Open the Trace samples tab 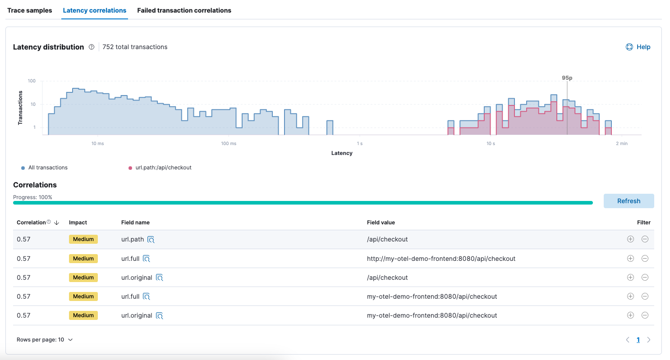point(30,10)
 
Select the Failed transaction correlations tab point(184,10)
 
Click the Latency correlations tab point(95,10)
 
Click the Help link point(638,47)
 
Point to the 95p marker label point(567,78)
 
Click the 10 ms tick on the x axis point(97,144)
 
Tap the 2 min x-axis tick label point(621,144)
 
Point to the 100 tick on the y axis point(32,81)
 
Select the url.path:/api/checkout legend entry point(163,168)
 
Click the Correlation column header point(31,223)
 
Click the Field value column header point(381,223)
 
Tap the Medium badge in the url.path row point(83,239)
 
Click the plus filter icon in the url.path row point(630,239)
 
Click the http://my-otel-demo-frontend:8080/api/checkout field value point(441,259)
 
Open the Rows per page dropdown point(45,340)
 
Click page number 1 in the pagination point(638,340)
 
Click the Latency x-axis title point(342,153)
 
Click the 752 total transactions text point(135,47)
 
